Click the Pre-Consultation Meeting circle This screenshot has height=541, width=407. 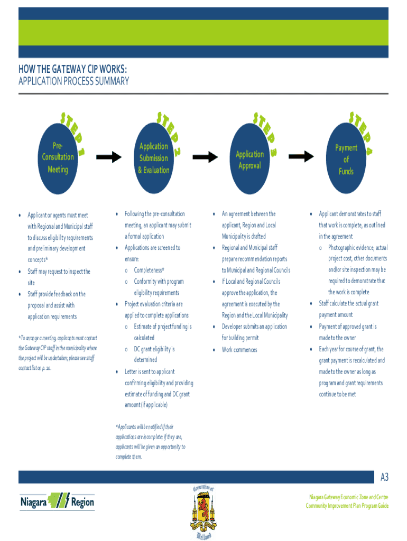(x=58, y=157)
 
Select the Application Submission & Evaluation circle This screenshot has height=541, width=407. (x=154, y=157)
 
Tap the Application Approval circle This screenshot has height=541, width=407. (x=249, y=157)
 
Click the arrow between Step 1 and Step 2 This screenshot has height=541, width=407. (x=108, y=157)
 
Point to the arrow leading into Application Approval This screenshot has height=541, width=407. (x=205, y=157)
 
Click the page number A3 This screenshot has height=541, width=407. (x=384, y=478)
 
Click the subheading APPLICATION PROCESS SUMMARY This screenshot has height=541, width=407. (x=73, y=81)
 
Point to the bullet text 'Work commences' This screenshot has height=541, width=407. (x=239, y=350)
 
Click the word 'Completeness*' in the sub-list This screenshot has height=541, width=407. (x=152, y=270)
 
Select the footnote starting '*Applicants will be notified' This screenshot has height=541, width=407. (x=150, y=441)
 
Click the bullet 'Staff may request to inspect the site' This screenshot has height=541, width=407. (x=59, y=277)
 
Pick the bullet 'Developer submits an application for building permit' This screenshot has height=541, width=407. (x=254, y=332)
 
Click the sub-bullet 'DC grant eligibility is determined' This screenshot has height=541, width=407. (x=154, y=355)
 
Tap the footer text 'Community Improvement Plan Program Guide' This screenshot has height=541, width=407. (x=347, y=506)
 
